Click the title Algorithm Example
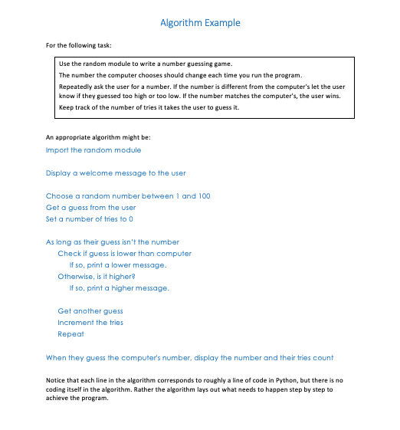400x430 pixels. (x=200, y=23)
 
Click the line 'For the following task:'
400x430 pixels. (x=77, y=46)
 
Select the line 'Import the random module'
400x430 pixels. (x=93, y=150)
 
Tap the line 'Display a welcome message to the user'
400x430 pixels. (x=116, y=173)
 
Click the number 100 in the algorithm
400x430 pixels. (x=204, y=196)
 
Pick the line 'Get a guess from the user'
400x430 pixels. (x=90, y=208)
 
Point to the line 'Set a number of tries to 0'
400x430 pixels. (x=90, y=219)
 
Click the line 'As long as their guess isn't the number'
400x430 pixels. (x=113, y=242)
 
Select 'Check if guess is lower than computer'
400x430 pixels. (x=124, y=254)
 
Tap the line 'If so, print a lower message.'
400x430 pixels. (x=118, y=265)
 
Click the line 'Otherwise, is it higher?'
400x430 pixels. (x=97, y=277)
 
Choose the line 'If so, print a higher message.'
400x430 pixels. (x=120, y=288)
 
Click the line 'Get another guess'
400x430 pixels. (x=90, y=311)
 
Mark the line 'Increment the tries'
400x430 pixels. (x=90, y=323)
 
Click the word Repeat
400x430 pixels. (x=70, y=334)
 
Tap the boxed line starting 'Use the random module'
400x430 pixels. (x=146, y=64)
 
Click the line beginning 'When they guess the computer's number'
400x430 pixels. (x=189, y=358)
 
